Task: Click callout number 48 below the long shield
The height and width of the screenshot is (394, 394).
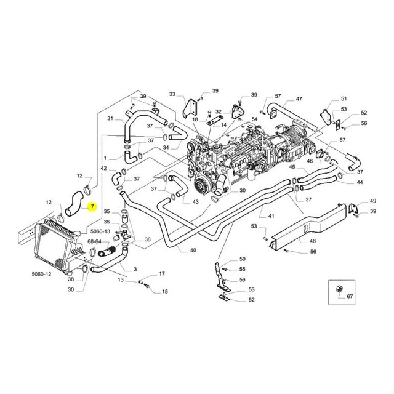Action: (x=312, y=241)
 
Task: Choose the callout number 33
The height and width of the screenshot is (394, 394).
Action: (x=172, y=94)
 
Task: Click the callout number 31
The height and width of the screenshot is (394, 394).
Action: (x=111, y=135)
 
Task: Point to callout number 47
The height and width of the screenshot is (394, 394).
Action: (x=299, y=99)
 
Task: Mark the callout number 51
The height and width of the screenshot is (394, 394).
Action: (x=344, y=98)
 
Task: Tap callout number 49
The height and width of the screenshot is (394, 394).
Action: (x=372, y=201)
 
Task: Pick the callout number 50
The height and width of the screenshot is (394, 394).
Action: (x=242, y=259)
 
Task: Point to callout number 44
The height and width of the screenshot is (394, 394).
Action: (x=359, y=183)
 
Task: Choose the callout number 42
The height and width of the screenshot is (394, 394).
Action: (x=104, y=168)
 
